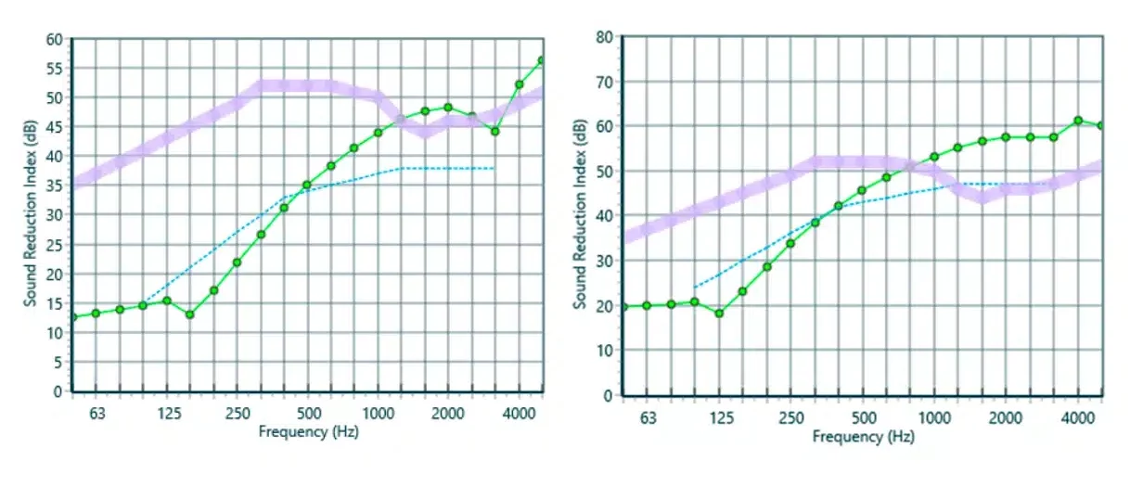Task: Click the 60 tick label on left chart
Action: point(55,40)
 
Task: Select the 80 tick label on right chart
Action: point(605,37)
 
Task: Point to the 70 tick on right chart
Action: point(605,82)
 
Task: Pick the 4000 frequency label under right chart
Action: point(1077,417)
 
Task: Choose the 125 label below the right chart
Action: point(722,417)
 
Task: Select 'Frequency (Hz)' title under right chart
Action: point(864,437)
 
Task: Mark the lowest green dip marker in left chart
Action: point(190,314)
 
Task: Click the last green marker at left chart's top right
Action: point(542,60)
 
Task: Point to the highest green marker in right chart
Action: point(1078,121)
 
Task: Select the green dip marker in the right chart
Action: point(718,313)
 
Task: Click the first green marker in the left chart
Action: point(73,317)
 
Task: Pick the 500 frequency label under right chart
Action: point(864,417)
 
